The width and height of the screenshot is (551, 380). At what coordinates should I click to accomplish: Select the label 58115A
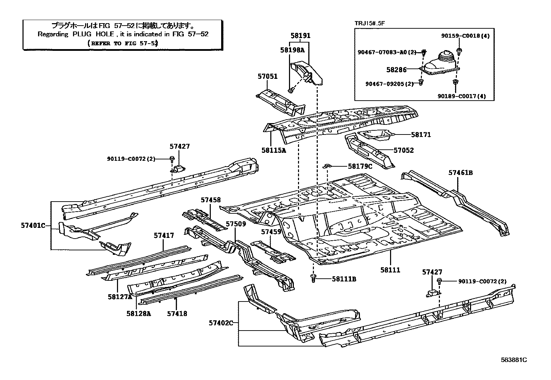[x=274, y=150]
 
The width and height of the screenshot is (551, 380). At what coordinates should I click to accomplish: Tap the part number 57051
[x=267, y=76]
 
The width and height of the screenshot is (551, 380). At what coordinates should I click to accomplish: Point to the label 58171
[x=421, y=135]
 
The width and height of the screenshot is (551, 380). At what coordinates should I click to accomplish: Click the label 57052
[x=404, y=150]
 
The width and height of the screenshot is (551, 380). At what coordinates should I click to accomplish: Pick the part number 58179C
[x=360, y=166]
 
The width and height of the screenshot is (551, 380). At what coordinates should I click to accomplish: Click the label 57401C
[x=33, y=225]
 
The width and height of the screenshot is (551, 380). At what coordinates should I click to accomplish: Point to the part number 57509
[x=236, y=224]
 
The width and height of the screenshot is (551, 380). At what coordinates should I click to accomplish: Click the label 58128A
[x=138, y=314]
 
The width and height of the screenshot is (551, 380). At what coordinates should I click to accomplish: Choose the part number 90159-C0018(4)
[x=465, y=36]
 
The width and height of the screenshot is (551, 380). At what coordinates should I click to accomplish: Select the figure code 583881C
[x=514, y=360]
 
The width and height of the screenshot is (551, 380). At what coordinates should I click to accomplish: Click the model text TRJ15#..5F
[x=370, y=24]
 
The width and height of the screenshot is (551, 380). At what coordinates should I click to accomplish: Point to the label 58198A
[x=292, y=50]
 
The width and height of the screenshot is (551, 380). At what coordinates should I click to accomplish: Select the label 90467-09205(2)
[x=390, y=84]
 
